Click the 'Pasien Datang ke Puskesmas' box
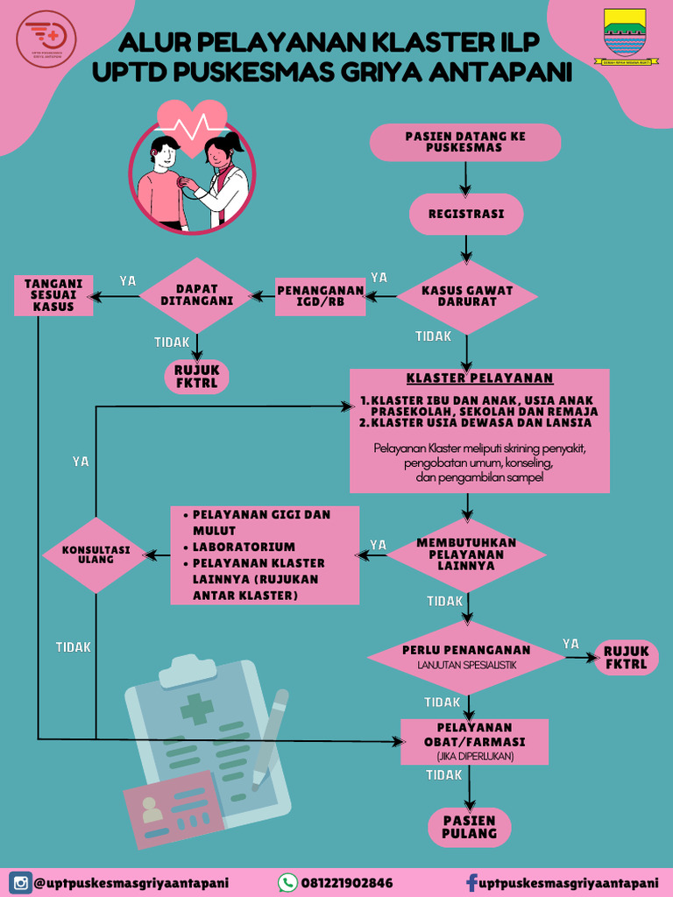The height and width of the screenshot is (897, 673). point(465,142)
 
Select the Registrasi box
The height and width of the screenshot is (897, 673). point(465,215)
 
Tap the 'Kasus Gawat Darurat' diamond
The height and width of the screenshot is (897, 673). point(467,296)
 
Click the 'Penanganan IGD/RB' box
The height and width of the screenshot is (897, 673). point(320,297)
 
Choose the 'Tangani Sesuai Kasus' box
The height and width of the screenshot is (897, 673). point(53,295)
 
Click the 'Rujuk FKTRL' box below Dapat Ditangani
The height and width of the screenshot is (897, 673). point(197,376)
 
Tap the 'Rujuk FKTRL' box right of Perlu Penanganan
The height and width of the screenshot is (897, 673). point(626,658)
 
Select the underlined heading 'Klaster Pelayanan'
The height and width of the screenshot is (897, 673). point(479,378)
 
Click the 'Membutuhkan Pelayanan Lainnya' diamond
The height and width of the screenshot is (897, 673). point(466,554)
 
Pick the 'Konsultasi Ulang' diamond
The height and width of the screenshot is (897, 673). point(96,554)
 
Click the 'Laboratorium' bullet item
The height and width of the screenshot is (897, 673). point(244,547)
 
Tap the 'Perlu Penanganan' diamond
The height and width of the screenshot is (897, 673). point(466,656)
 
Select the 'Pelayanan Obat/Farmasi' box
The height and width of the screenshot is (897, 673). point(474,741)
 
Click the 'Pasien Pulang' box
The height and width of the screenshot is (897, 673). point(469,827)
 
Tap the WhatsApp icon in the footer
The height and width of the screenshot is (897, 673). point(287,882)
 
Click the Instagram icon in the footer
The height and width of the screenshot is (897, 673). point(20,882)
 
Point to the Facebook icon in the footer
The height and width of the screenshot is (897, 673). point(471,882)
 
